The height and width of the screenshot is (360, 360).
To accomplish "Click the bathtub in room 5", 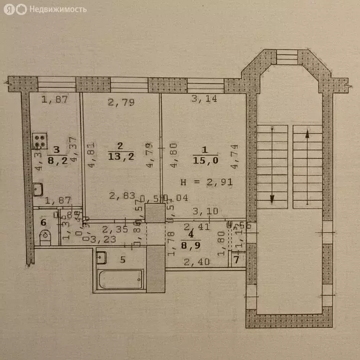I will tap(119, 280).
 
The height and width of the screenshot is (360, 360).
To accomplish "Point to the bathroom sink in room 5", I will tap(101, 257).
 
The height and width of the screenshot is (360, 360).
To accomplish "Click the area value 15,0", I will tap(204, 161).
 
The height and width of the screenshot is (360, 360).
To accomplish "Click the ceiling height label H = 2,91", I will tap(206, 181).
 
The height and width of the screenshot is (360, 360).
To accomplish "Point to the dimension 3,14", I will tap(204, 99).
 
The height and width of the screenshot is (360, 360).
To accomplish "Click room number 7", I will tap(237, 260).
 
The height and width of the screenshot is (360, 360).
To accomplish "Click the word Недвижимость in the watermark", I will tap(58, 9).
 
